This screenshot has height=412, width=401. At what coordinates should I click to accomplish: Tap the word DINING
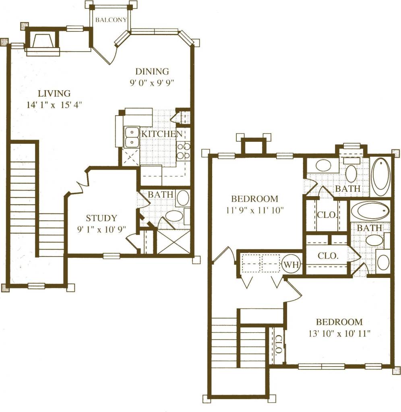tap(152, 72)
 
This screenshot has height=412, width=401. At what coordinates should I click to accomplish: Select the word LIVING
tap(54, 93)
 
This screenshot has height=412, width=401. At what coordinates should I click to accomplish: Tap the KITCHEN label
tap(158, 133)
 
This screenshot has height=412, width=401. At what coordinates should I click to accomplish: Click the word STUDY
tap(101, 218)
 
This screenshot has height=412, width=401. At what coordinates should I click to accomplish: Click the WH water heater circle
tap(289, 265)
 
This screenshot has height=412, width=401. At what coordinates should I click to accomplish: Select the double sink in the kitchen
tap(131, 137)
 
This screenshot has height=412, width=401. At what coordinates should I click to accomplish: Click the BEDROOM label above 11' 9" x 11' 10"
tap(254, 199)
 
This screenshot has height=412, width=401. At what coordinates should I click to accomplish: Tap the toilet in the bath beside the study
tap(174, 215)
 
